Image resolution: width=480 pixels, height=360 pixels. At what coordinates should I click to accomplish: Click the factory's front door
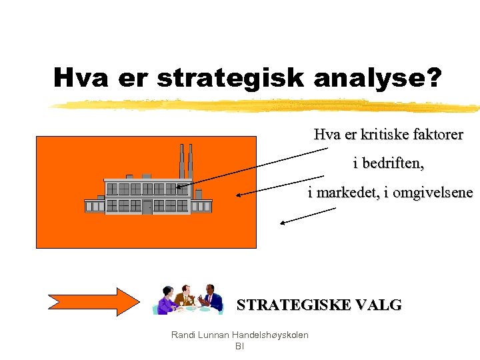(147, 207)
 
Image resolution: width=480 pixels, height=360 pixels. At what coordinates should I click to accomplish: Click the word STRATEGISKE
(290, 305)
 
